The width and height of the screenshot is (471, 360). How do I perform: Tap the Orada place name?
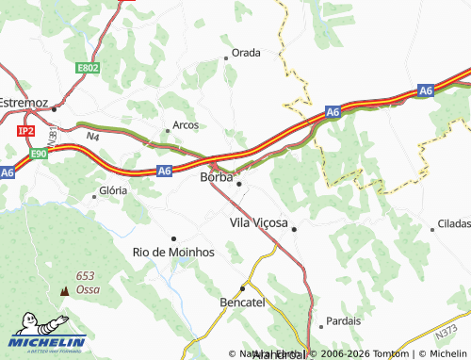coord(246,53)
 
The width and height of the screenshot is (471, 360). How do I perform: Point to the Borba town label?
coord(216,176)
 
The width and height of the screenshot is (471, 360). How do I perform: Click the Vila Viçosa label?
coord(259,223)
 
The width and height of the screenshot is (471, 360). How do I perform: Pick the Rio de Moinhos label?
coord(174,253)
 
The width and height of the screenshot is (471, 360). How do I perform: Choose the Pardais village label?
coord(343,320)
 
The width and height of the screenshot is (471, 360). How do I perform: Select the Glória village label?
coord(113,190)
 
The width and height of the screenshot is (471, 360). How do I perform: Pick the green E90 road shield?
coord(39,153)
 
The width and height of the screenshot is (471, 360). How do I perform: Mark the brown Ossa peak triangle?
coord(65,291)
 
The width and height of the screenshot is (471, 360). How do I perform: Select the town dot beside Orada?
coord(226,58)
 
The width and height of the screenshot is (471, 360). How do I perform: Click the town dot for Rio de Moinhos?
coord(173,238)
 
